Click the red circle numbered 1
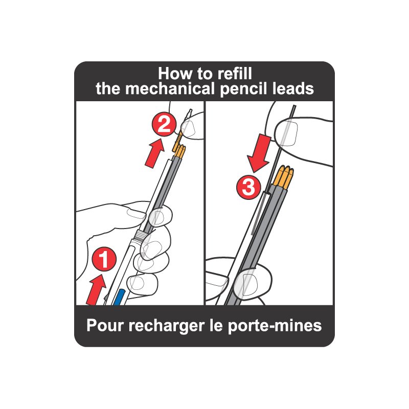tap(104, 259)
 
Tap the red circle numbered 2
tap(164, 124)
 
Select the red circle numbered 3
tap(248, 187)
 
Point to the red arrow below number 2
tap(154, 153)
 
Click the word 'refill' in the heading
tap(235, 74)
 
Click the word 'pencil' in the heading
tap(244, 89)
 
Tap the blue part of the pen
tap(120, 297)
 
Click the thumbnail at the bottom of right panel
tap(246, 283)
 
